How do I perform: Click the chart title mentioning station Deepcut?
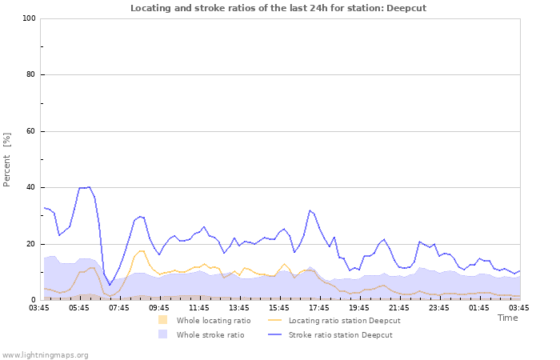tap(279, 8)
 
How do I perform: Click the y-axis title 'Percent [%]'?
tap(7, 160)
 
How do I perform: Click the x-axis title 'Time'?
tap(507, 318)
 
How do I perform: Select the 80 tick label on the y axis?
tap(31, 75)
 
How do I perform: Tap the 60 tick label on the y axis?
tap(31, 131)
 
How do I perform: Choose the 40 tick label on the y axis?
tap(31, 188)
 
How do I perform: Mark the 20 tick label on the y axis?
tap(31, 244)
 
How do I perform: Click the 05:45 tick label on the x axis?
tap(79, 307)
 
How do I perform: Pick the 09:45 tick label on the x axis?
tap(159, 307)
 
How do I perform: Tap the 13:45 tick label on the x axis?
tap(239, 307)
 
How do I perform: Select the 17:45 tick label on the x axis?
tap(319, 307)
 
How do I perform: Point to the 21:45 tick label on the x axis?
tap(399, 307)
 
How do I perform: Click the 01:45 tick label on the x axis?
tap(479, 307)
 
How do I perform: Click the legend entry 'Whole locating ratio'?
tap(214, 321)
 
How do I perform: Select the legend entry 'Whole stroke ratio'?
tap(210, 334)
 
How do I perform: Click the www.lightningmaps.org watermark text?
tap(45, 354)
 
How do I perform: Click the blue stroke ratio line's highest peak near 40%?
tap(89, 187)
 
